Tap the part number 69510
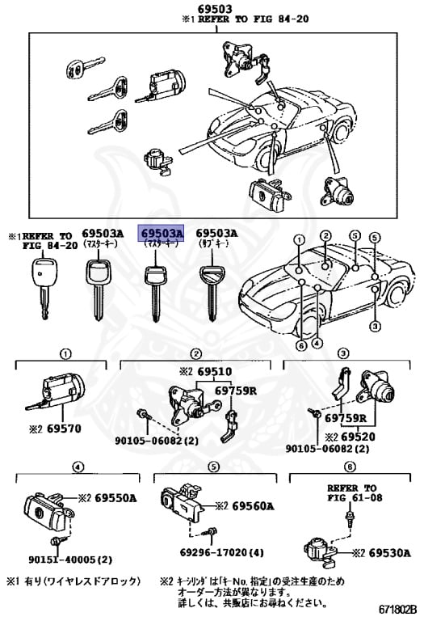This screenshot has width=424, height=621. click(x=215, y=372)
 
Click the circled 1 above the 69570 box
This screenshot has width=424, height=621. click(x=65, y=353)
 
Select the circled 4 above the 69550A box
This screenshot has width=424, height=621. click(x=77, y=467)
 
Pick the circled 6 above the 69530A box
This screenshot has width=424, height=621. click(x=349, y=467)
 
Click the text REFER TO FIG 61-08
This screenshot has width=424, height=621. click(x=351, y=493)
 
